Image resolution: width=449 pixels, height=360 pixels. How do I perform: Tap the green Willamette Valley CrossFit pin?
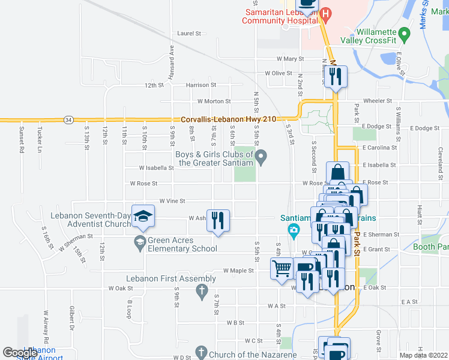click(x=405, y=32)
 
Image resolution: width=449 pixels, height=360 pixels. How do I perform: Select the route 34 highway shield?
click(x=70, y=119)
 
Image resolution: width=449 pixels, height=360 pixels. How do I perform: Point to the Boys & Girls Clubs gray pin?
click(x=261, y=158)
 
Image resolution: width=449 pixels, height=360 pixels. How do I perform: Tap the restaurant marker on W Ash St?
click(x=218, y=219)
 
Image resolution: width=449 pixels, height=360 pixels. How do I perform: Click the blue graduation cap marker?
click(x=143, y=215)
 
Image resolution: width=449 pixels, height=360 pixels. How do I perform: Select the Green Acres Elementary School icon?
click(x=139, y=242)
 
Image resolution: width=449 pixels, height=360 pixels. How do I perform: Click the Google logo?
click(x=20, y=352)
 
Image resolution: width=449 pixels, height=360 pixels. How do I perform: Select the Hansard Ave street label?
click(x=172, y=58)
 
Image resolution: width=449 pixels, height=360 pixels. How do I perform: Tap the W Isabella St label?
click(x=156, y=168)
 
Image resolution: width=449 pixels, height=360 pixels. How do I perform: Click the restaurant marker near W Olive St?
click(x=336, y=76)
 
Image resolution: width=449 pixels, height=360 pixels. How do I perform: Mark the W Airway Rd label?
click(x=45, y=321)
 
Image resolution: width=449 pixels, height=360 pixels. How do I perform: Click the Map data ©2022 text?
click(x=423, y=355)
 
